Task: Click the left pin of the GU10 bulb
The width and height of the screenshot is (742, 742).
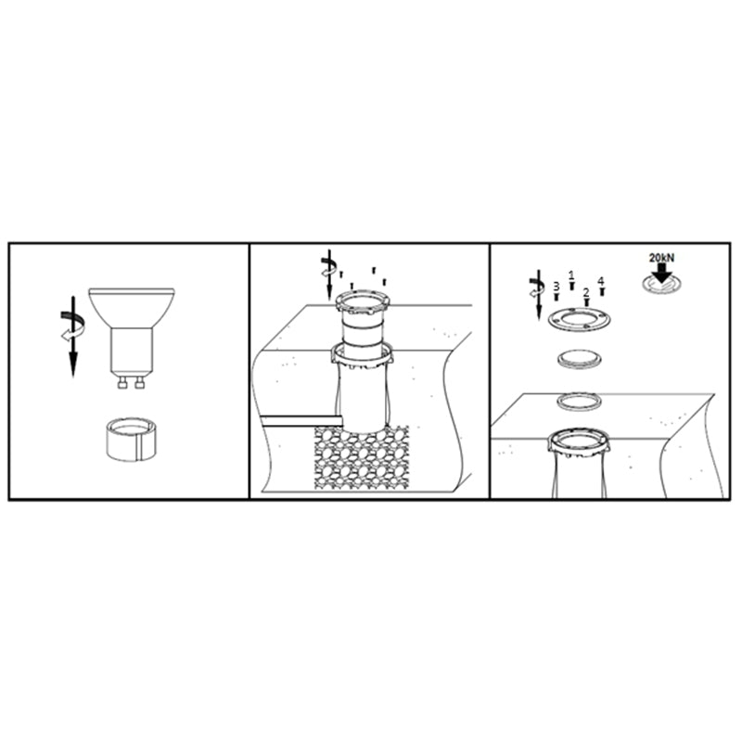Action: pos(122,383)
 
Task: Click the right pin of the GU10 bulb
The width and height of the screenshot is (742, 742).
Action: pos(139,383)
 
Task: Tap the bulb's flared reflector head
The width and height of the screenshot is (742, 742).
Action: pos(132,308)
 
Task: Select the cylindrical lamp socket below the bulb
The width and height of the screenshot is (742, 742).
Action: pos(131,439)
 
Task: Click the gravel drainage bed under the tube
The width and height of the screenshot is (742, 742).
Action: pos(362,457)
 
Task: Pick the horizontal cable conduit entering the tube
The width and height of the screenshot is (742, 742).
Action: pos(302,421)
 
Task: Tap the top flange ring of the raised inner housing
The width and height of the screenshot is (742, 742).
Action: pos(363,304)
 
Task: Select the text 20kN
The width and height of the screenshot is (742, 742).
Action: pos(661,258)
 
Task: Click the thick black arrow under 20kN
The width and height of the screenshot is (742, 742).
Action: pos(662,273)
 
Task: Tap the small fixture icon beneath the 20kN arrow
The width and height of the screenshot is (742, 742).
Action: pos(662,285)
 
